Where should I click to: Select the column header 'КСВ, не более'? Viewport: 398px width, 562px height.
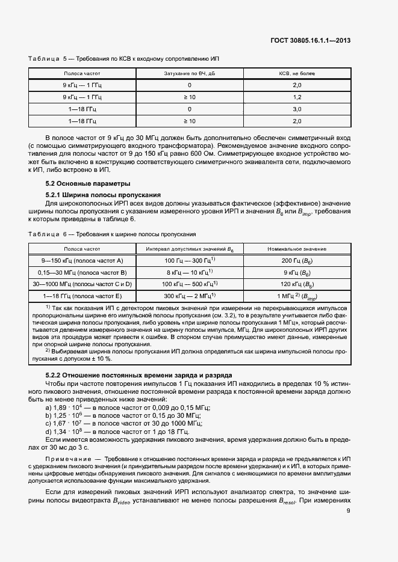pos(297,73)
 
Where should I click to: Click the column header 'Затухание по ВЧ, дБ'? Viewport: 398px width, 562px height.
pos(189,73)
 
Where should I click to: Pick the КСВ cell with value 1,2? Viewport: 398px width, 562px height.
pos(297,97)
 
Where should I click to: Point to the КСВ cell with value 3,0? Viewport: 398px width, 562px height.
pos(297,109)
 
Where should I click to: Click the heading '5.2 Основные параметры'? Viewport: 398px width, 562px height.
pos(88,183)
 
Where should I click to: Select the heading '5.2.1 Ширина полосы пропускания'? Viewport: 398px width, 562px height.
pos(103,195)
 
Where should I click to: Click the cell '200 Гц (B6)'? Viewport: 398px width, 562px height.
pos(297,260)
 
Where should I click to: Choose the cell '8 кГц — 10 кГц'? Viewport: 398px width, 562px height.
pos(190,272)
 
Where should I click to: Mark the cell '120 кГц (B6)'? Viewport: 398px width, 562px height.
pos(297,284)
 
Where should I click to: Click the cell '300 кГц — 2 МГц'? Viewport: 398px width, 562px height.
pos(190,296)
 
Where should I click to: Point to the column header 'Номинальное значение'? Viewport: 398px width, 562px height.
pos(297,248)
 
